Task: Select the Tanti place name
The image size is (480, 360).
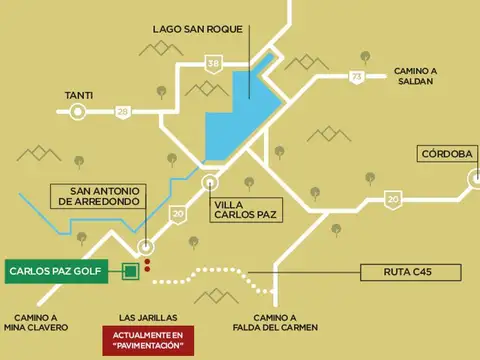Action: pyautogui.click(x=79, y=96)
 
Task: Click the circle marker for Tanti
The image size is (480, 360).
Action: pyautogui.click(x=78, y=113)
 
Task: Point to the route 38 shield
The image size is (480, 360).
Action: pyautogui.click(x=213, y=64)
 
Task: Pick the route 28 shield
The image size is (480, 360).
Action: pyautogui.click(x=122, y=112)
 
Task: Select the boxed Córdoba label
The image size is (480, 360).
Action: pyautogui.click(x=445, y=154)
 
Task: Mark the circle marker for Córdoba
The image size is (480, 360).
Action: pyautogui.click(x=474, y=178)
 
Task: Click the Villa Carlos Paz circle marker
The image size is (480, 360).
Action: pyautogui.click(x=210, y=182)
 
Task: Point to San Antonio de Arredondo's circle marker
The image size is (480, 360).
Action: pyautogui.click(x=146, y=246)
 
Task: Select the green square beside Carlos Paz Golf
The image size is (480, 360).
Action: pyautogui.click(x=129, y=271)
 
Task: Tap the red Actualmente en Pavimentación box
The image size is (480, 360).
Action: pyautogui.click(x=149, y=340)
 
